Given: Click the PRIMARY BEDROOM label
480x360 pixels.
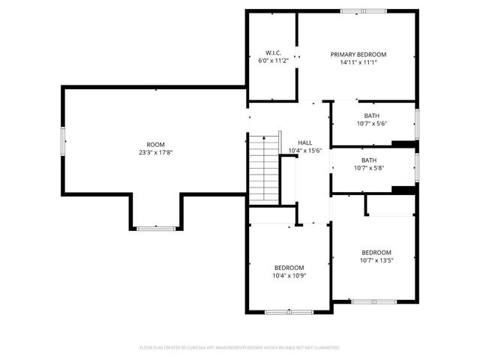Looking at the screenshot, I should (x=358, y=55).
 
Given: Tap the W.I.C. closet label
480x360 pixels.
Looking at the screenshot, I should (x=272, y=52).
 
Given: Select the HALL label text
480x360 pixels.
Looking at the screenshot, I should (x=304, y=142).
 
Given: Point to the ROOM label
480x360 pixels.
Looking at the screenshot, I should (x=155, y=145).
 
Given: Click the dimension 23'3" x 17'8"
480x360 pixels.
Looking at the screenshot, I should (x=155, y=152).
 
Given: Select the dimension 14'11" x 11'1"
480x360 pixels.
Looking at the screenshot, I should (x=358, y=63).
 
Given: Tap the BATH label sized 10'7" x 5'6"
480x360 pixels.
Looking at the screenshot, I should (x=370, y=115).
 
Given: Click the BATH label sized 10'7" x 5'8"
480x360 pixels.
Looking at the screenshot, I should (x=369, y=160).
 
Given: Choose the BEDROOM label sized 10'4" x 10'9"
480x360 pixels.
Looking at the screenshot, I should (x=289, y=268).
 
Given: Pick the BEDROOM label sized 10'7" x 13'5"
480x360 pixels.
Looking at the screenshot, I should (x=376, y=253).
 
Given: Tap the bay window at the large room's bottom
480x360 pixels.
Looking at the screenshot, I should (x=156, y=226).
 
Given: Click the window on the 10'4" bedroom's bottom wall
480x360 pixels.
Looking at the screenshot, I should (x=289, y=311).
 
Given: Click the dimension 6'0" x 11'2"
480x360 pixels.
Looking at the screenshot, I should (x=272, y=61).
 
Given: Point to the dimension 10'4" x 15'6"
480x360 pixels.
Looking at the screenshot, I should (x=304, y=151).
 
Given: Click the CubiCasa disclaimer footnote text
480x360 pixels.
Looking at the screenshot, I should (x=240, y=348).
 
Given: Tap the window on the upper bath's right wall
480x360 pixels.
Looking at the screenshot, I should (x=416, y=120).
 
